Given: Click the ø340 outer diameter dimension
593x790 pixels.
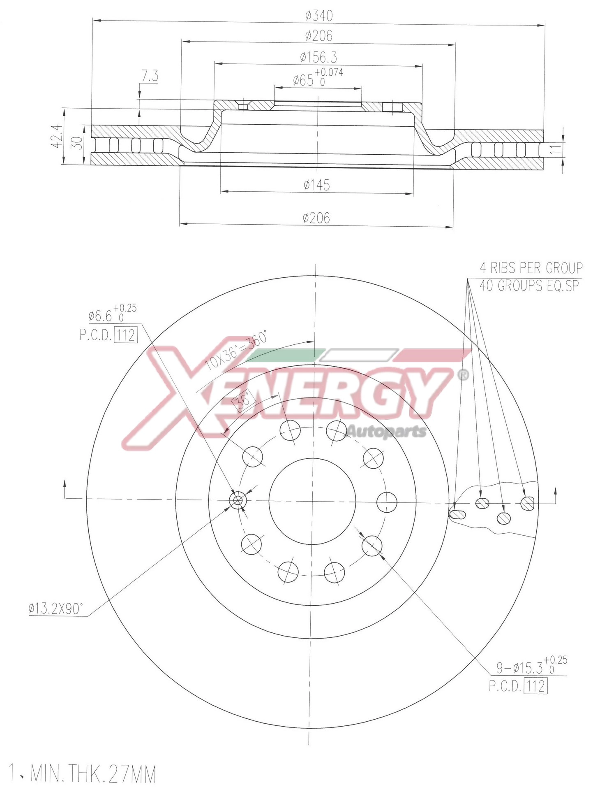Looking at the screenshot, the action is [318, 16].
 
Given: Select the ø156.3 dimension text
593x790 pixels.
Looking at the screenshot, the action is [318, 56].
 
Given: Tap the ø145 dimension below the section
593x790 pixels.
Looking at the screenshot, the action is [316, 185].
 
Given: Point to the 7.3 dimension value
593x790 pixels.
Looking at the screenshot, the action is [150, 76].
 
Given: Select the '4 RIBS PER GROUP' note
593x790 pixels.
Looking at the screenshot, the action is [531, 268].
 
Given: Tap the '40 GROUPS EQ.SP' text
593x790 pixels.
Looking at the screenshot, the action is [529, 286].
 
